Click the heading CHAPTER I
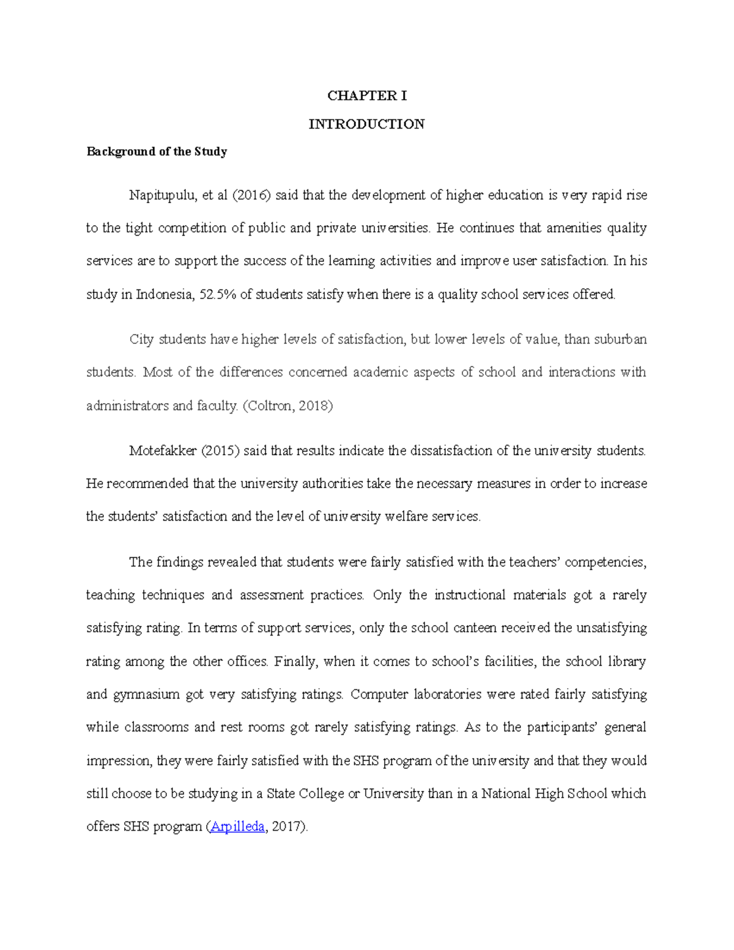(x=366, y=95)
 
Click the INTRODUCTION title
(x=366, y=124)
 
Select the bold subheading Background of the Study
(x=157, y=152)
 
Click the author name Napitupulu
(x=160, y=196)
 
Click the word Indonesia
(x=165, y=294)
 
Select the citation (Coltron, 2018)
(x=288, y=406)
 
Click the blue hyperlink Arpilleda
(x=237, y=827)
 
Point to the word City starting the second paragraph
(x=141, y=340)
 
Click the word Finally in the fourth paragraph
(x=296, y=661)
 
